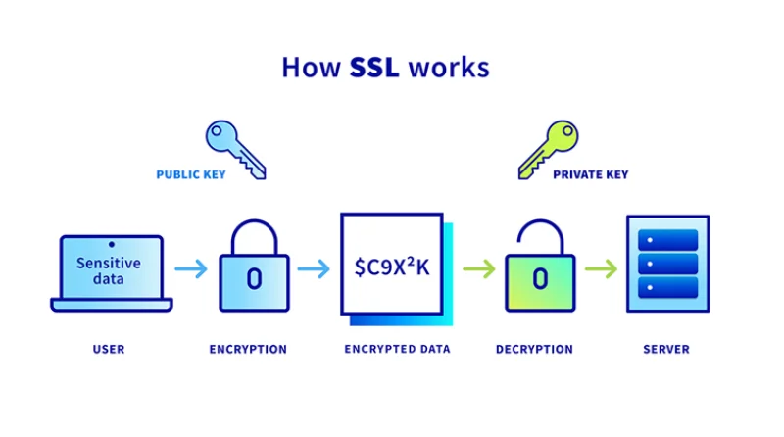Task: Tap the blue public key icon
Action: (234, 148)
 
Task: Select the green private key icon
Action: (549, 148)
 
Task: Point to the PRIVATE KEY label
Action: (590, 174)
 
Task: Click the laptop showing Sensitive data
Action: (110, 271)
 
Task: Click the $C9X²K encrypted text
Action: (392, 267)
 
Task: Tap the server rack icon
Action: (666, 265)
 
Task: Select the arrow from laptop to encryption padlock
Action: (194, 268)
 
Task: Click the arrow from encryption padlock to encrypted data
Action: (313, 268)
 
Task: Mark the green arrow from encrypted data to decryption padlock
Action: (479, 268)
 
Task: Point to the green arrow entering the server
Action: (601, 268)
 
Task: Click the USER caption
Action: (109, 349)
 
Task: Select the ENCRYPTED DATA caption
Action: (398, 349)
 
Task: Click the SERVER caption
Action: (665, 349)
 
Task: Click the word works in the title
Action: (449, 68)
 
